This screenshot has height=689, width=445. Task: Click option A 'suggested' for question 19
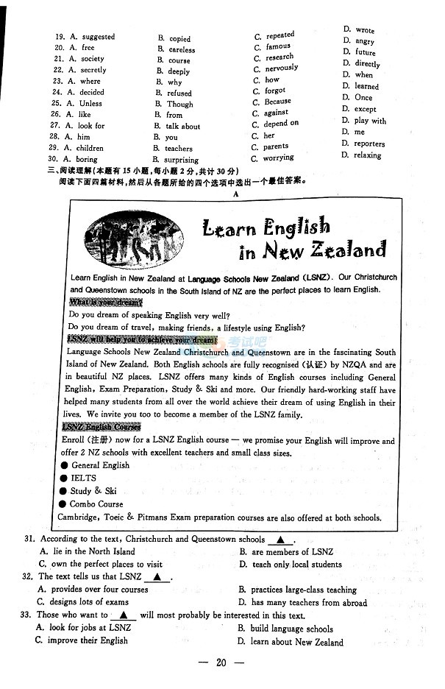point(98,37)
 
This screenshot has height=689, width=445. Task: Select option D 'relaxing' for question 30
point(367,156)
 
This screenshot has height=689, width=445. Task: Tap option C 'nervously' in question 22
point(281,68)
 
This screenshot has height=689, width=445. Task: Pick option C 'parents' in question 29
point(276,146)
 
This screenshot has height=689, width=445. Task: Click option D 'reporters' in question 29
point(369,144)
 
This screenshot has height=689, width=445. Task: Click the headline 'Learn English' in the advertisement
point(266,227)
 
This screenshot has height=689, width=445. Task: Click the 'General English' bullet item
point(100,465)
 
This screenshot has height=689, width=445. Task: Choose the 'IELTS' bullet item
point(83,478)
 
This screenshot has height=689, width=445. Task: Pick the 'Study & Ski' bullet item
point(93,491)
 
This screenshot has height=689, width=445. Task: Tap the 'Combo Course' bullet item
point(96,504)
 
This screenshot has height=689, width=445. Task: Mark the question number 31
point(29,540)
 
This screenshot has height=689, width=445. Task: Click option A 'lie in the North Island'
point(88,551)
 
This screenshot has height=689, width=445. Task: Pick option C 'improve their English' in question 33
point(88,640)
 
